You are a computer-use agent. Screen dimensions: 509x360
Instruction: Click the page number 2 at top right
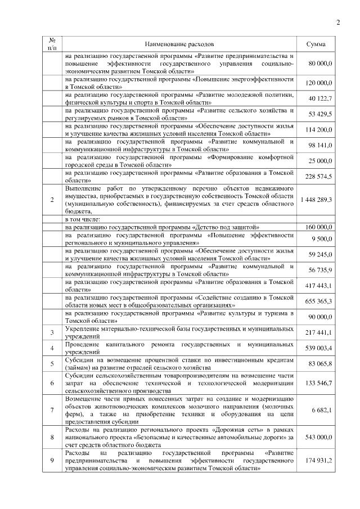338,22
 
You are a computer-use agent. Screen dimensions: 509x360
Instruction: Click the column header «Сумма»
319,44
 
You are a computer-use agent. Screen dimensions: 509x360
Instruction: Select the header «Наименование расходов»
179,44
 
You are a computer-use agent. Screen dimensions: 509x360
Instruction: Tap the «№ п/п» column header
52,44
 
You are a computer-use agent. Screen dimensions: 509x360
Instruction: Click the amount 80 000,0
321,65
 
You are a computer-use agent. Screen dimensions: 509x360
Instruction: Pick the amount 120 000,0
319,83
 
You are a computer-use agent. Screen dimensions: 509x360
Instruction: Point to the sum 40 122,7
321,99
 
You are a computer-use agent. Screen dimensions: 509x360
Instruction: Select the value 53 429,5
321,114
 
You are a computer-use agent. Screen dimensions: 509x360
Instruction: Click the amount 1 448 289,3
316,200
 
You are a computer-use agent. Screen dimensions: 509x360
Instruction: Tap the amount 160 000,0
319,227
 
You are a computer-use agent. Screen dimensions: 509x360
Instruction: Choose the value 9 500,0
322,238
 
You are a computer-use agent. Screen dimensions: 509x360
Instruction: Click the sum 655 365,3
319,301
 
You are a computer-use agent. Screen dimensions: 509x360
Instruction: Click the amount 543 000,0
319,436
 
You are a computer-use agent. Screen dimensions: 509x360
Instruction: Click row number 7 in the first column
52,411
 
